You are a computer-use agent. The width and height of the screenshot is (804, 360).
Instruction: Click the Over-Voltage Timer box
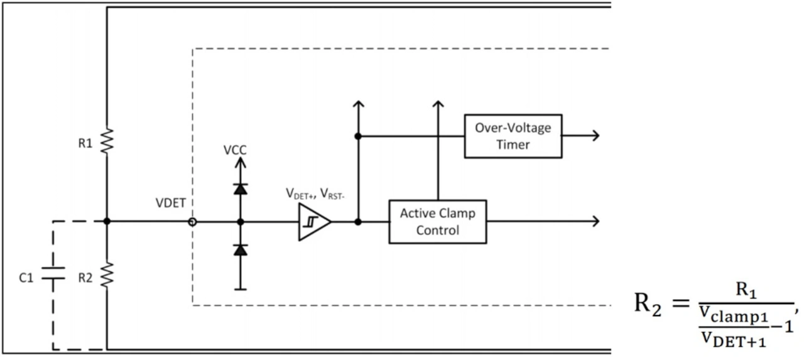[x=513, y=136]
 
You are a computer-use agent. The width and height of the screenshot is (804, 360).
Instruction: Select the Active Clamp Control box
[x=437, y=221]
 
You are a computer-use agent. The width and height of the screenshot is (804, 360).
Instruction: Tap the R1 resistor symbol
[x=107, y=143]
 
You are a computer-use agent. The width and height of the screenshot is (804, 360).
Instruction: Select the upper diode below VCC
[x=239, y=188]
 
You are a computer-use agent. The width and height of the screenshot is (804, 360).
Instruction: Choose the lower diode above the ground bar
[x=239, y=250]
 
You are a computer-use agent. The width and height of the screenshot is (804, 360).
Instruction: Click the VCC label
[x=235, y=151]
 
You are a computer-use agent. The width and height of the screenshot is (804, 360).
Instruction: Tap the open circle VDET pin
[x=192, y=221]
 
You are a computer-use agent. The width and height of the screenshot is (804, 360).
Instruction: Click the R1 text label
[x=85, y=143]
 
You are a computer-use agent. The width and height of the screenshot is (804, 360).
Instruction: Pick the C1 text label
[x=26, y=277]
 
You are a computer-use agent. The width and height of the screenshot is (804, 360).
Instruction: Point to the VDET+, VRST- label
[x=317, y=195]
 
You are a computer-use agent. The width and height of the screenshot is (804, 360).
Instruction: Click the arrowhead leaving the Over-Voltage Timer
[x=595, y=136]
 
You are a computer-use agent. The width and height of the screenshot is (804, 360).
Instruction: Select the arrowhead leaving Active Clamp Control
[x=595, y=221]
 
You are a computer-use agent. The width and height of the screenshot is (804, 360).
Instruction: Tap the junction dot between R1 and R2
[x=107, y=221]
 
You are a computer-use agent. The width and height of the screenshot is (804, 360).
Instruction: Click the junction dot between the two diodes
[x=239, y=221]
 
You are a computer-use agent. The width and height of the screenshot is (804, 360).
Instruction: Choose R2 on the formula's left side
[x=648, y=307]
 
